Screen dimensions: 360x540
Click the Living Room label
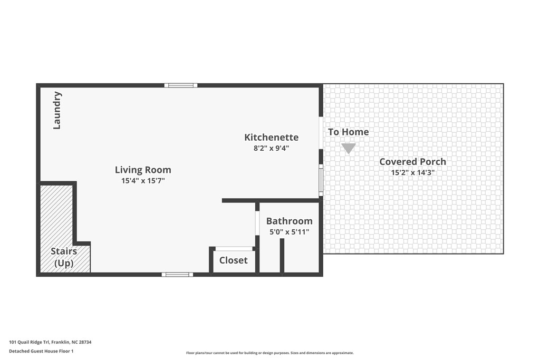click(143, 170)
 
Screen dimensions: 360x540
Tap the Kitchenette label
click(271, 137)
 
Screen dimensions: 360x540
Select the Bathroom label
click(289, 221)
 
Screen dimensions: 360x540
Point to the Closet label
click(233, 260)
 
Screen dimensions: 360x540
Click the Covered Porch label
click(412, 162)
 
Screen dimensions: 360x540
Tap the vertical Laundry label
click(57, 110)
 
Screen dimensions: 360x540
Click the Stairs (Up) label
click(64, 257)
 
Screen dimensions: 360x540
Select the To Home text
click(348, 132)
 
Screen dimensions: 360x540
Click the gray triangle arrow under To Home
click(348, 148)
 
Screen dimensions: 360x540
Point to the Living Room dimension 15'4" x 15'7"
click(143, 181)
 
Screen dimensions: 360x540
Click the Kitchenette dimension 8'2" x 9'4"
click(271, 148)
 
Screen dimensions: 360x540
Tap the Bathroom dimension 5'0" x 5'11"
click(289, 231)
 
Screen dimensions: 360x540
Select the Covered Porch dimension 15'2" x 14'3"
click(412, 172)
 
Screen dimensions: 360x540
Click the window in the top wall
click(180, 85)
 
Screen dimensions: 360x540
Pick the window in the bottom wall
click(177, 274)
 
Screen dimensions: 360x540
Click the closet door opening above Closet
click(234, 248)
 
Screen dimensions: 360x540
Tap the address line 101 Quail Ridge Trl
click(50, 342)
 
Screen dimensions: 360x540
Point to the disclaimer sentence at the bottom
click(269, 353)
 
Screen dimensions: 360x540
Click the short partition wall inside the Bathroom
click(282, 256)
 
